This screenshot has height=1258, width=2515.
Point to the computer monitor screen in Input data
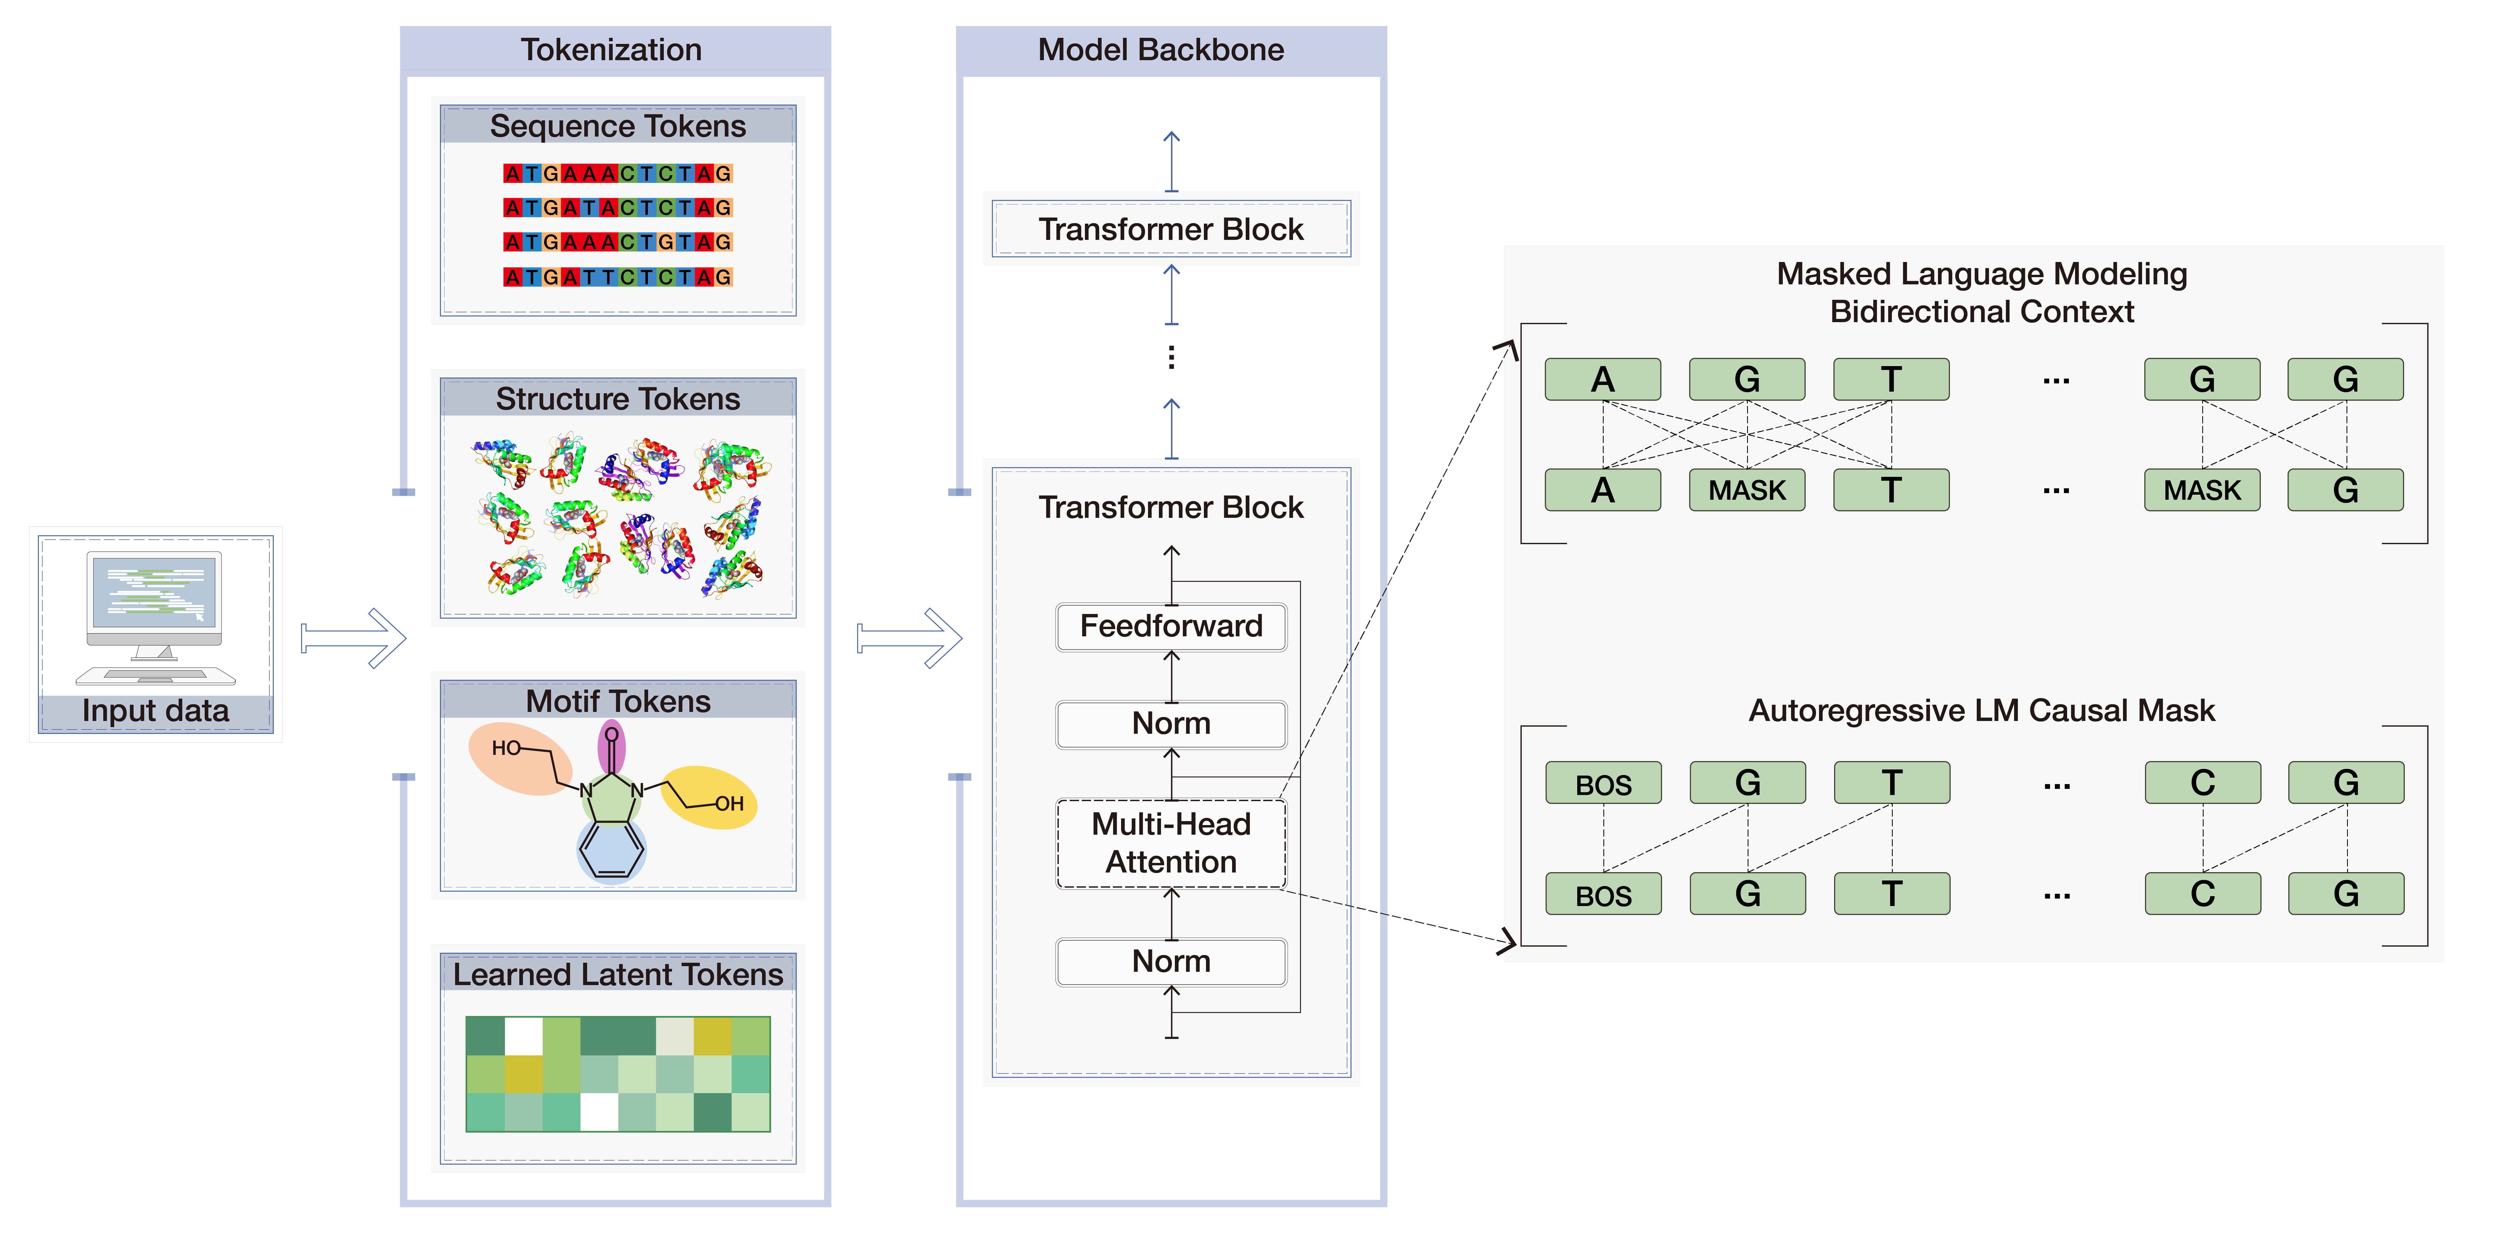(154, 592)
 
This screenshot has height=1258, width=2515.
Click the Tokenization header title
(611, 50)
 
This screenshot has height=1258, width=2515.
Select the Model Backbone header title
(1161, 50)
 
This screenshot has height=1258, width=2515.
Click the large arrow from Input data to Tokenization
(353, 639)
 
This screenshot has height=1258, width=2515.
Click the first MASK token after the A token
(1747, 490)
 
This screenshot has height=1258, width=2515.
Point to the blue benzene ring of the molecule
(611, 850)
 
